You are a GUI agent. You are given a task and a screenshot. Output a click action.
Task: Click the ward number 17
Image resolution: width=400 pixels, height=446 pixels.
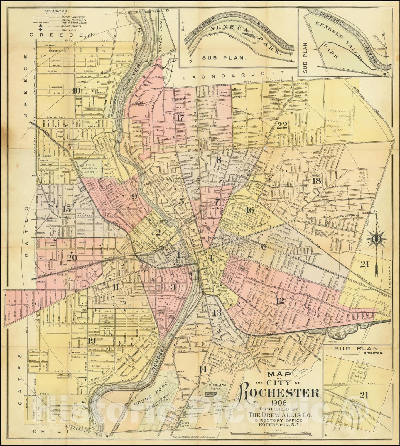pyautogui.click(x=181, y=118)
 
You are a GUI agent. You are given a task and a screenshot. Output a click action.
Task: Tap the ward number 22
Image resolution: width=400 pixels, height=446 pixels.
pyautogui.click(x=282, y=125)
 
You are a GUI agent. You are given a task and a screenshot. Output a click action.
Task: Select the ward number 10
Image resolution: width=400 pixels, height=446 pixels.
pyautogui.click(x=75, y=90)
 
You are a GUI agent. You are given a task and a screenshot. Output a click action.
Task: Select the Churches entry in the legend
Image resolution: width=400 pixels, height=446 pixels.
pyautogui.click(x=69, y=30)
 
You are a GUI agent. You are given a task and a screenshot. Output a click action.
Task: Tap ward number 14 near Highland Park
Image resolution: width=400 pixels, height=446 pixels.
pyautogui.click(x=203, y=369)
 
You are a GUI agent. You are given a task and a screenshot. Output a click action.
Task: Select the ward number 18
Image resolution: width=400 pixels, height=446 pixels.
pyautogui.click(x=317, y=181)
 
